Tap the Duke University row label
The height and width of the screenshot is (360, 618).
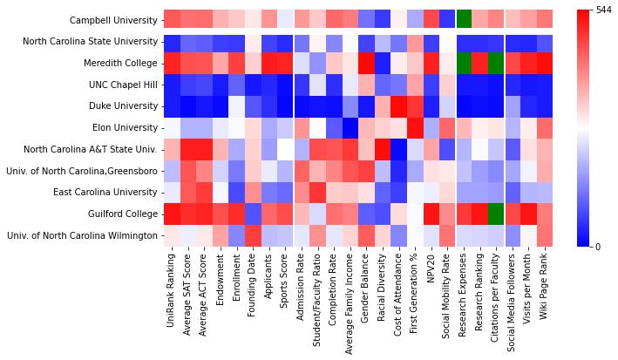click(123, 105)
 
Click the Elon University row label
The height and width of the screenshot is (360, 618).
click(123, 127)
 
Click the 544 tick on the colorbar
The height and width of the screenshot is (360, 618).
click(602, 10)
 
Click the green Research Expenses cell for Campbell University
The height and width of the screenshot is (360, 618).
click(464, 19)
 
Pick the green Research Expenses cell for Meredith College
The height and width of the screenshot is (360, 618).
click(464, 63)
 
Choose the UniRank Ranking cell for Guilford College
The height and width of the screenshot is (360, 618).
click(172, 214)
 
